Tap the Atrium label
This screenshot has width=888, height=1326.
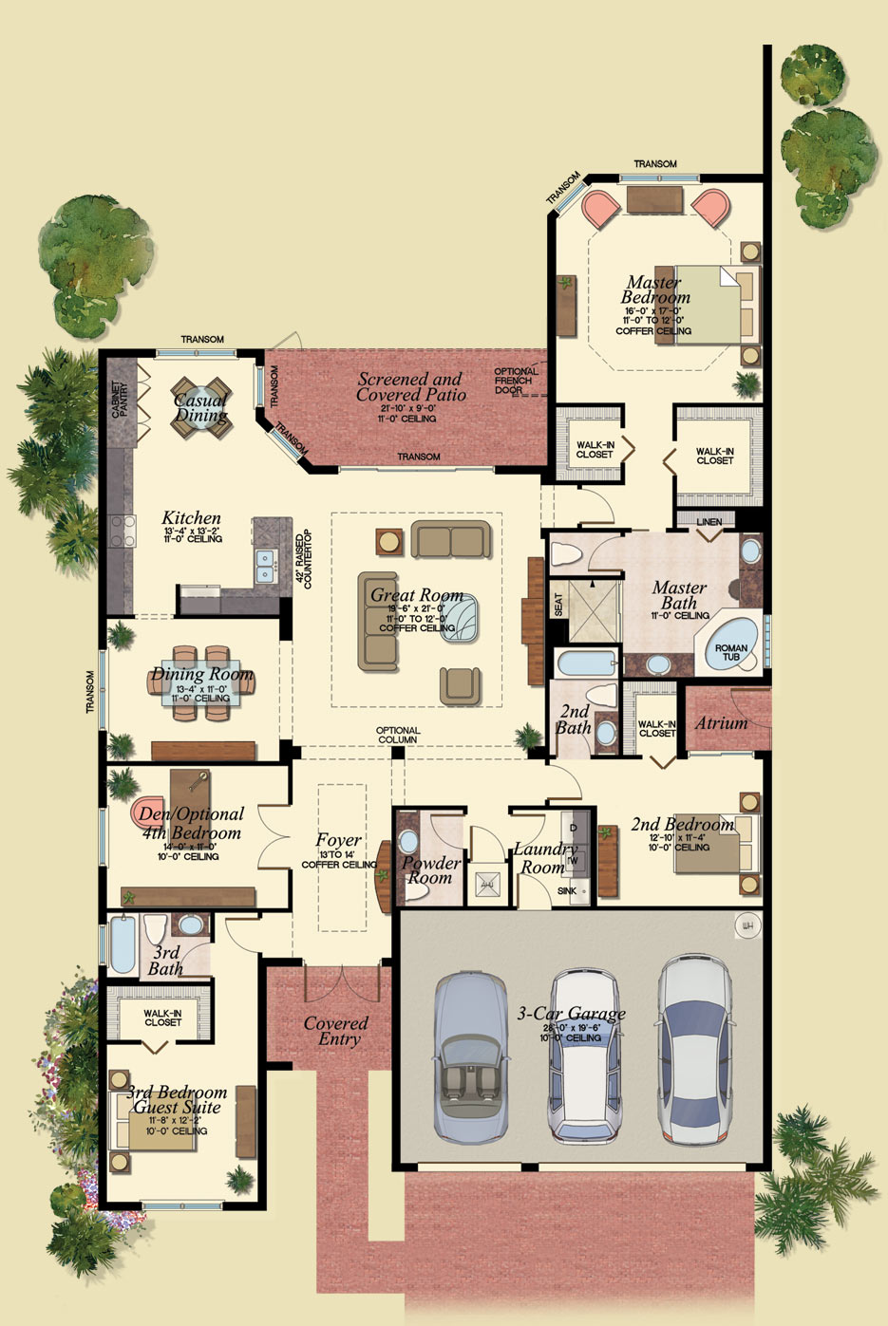[x=721, y=723]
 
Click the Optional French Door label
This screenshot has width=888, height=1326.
[x=515, y=381]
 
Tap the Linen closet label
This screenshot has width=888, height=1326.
[x=709, y=522]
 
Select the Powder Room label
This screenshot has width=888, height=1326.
[x=430, y=870]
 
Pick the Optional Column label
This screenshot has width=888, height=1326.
[x=398, y=735]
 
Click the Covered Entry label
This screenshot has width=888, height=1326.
[x=336, y=1031]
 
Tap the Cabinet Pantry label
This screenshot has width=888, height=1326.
[x=121, y=400]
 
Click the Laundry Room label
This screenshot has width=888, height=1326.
[x=544, y=858]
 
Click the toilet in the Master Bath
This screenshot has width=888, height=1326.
[x=567, y=553]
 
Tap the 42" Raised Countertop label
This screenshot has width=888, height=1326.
[x=303, y=560]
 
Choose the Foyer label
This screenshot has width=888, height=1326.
[x=338, y=841]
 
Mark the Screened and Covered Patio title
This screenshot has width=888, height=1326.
[x=410, y=386]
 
